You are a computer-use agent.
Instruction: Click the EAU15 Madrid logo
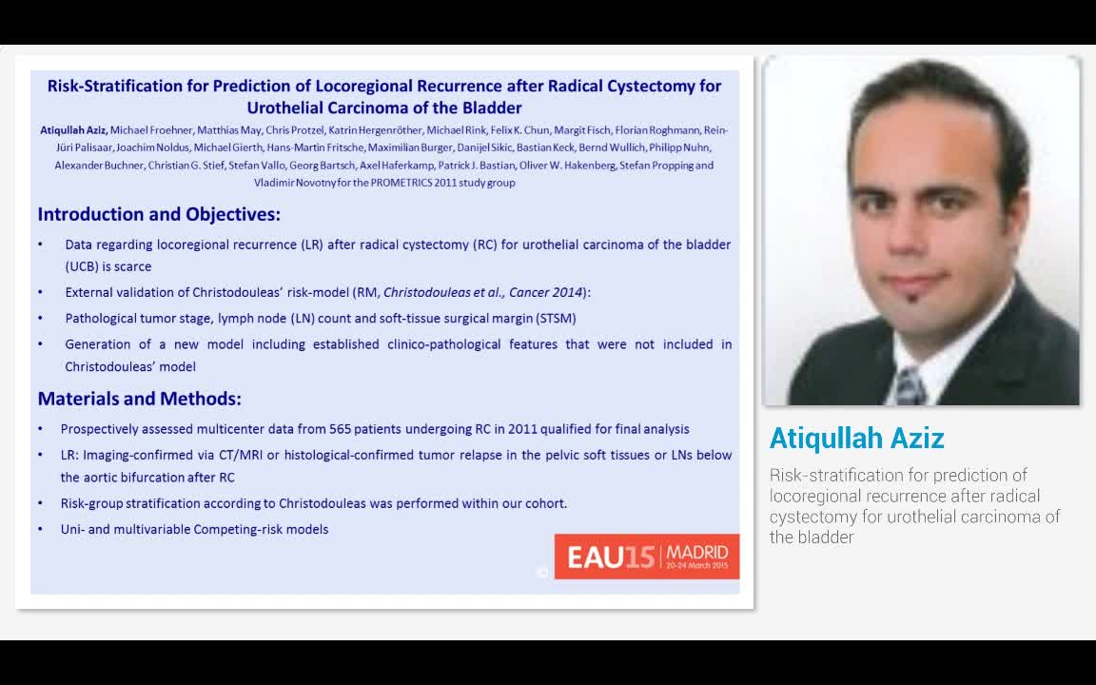point(646,557)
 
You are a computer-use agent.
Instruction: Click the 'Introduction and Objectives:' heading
point(159,214)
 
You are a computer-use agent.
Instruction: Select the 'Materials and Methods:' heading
point(139,399)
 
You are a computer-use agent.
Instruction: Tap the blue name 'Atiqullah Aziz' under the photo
point(856,438)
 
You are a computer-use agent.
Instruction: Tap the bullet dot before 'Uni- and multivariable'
point(40,529)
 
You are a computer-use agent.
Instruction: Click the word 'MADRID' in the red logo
point(697,552)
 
